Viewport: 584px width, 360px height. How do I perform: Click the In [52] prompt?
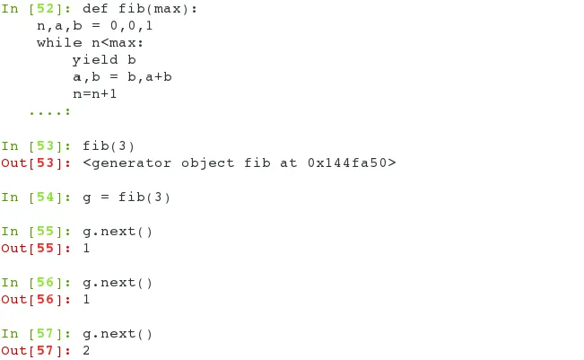(x=36, y=9)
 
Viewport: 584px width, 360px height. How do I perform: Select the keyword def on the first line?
(x=95, y=9)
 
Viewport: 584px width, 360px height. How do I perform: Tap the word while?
(x=58, y=43)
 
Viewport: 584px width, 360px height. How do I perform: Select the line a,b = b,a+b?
(x=122, y=77)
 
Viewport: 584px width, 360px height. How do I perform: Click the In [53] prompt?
(x=36, y=145)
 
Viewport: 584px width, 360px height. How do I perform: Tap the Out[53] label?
(x=36, y=162)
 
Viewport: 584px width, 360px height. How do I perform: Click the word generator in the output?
(x=130, y=162)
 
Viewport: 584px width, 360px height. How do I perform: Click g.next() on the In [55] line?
(x=118, y=232)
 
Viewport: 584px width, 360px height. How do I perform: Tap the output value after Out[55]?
(x=86, y=249)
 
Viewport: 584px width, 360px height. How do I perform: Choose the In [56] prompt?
(x=36, y=283)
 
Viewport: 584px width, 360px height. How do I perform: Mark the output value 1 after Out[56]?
(x=86, y=300)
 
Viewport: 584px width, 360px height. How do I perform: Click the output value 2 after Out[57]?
(x=86, y=351)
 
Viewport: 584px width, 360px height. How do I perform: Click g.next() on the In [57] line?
(x=118, y=334)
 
